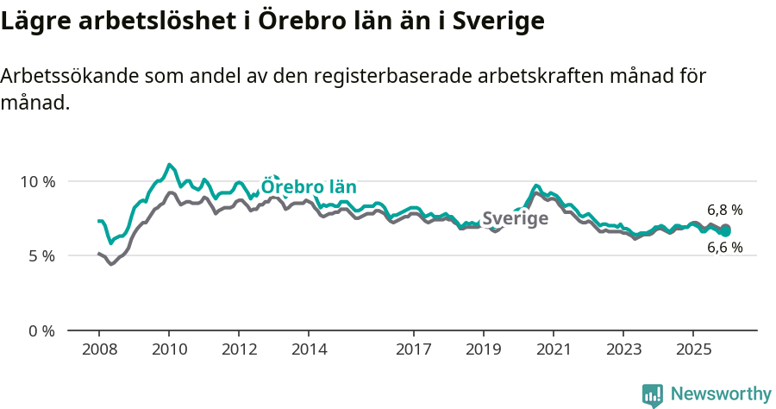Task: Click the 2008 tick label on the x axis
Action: [98, 349]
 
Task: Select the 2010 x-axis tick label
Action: [169, 349]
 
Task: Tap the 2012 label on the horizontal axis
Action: [239, 349]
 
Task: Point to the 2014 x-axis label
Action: [309, 349]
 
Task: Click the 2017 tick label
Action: [414, 349]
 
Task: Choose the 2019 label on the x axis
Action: [484, 349]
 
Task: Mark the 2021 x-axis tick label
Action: [554, 349]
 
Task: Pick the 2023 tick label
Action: [624, 349]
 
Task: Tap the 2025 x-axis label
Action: [694, 349]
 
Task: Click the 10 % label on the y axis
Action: [38, 181]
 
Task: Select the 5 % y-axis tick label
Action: [41, 256]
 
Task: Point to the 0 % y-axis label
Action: [41, 330]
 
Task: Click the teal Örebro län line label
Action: [309, 187]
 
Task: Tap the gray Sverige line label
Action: [515, 218]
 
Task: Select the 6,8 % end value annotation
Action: [724, 210]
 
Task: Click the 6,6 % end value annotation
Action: [724, 248]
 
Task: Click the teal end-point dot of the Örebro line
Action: [725, 231]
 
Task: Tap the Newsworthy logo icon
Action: [653, 394]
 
